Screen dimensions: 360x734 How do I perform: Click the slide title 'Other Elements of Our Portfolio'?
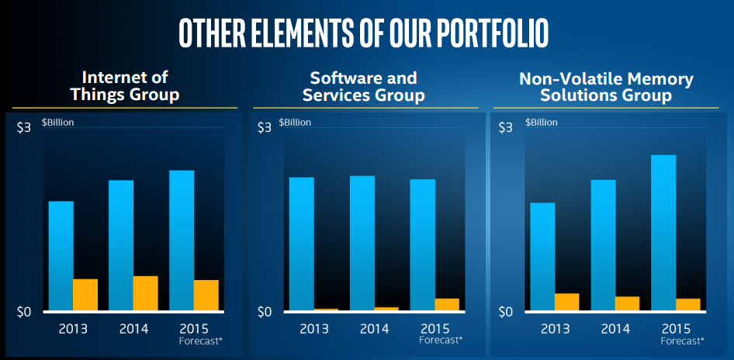[363, 31]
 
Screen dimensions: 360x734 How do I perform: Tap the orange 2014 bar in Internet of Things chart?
[146, 293]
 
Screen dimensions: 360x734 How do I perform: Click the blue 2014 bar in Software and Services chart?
[362, 242]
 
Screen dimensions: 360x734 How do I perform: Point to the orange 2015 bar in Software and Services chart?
[447, 304]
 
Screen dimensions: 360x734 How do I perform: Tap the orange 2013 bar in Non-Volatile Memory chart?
[567, 302]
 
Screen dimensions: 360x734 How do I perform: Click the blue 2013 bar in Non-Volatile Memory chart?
[542, 256]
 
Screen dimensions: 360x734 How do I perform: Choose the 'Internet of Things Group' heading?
[125, 86]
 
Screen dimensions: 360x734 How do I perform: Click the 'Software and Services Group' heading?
[364, 86]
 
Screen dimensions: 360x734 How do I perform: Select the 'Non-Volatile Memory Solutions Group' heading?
[606, 87]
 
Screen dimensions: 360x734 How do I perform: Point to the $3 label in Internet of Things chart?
[24, 127]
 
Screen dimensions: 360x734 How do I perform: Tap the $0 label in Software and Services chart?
[265, 312]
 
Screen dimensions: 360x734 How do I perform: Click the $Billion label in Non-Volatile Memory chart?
[542, 123]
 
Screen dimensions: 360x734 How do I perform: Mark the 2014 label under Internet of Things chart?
[133, 328]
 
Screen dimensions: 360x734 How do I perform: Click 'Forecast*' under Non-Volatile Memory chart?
[682, 341]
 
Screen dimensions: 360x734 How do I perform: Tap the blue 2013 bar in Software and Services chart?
[302, 244]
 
